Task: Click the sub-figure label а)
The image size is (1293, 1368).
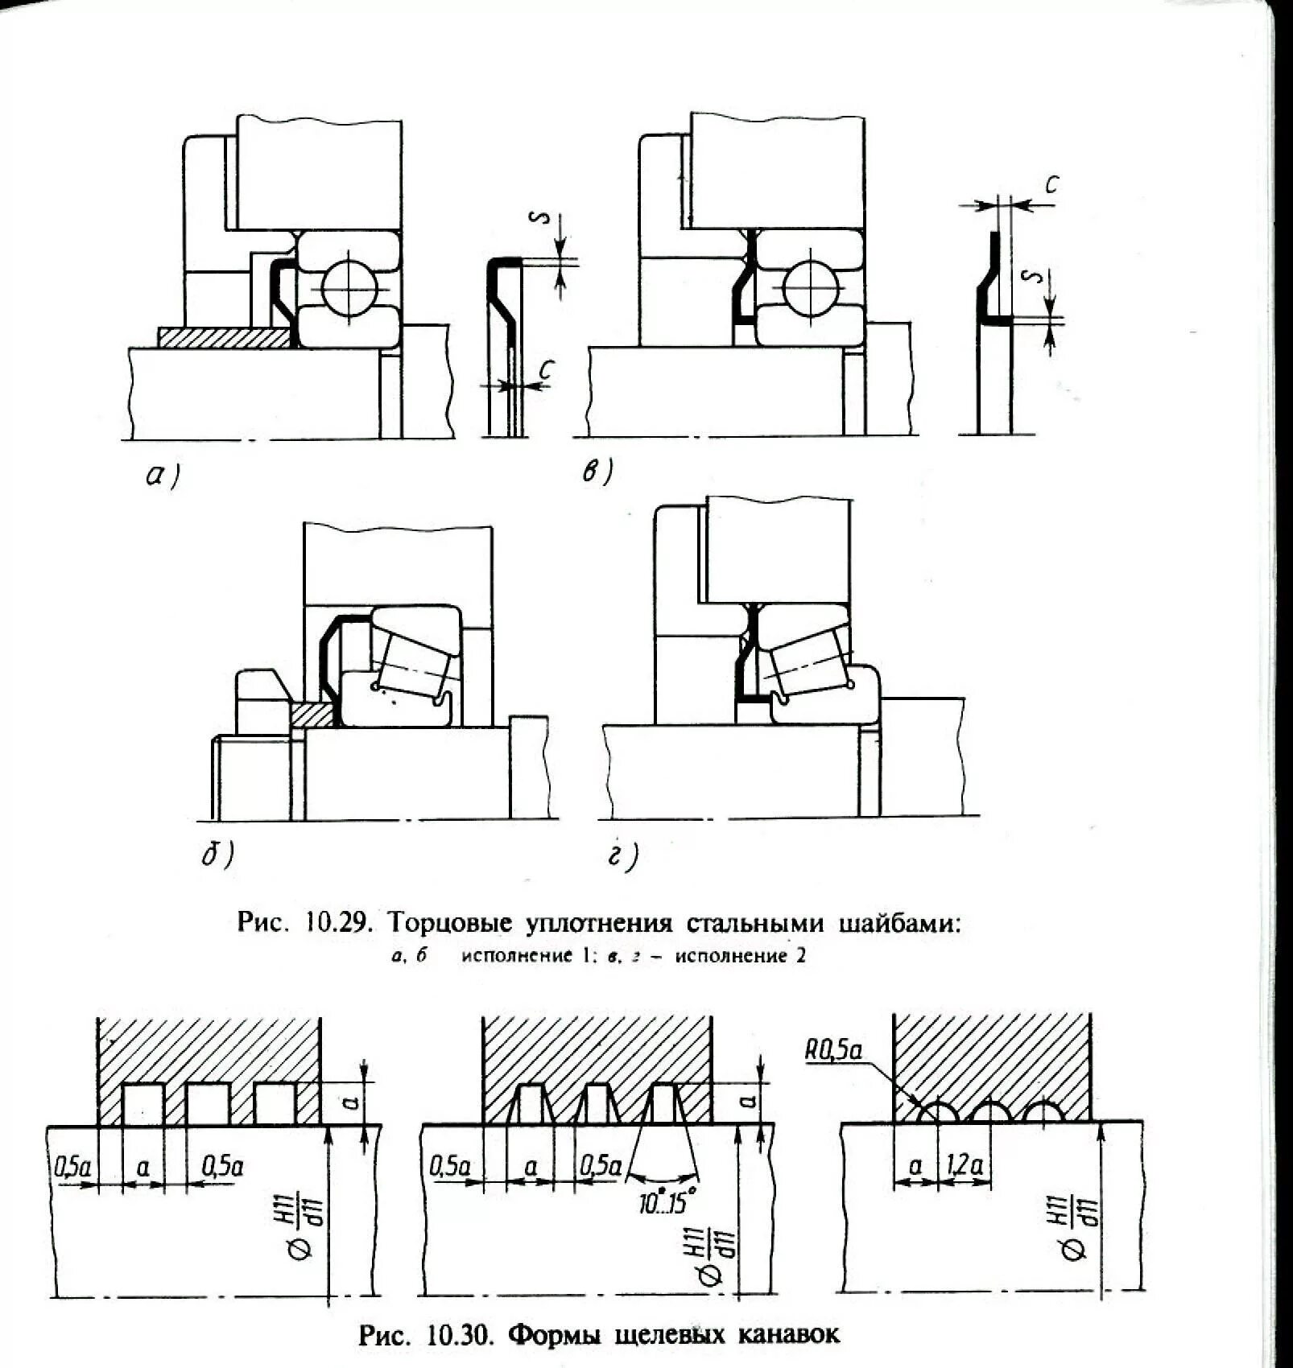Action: coord(162,476)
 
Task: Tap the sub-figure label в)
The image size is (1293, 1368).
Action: coord(597,471)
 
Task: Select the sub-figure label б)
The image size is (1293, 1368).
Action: coord(217,855)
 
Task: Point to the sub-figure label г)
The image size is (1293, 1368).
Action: coord(622,857)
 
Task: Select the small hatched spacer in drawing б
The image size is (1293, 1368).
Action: coord(312,713)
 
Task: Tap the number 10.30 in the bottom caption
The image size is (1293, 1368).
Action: coord(459,1335)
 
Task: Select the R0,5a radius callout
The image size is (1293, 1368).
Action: coord(832,1050)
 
